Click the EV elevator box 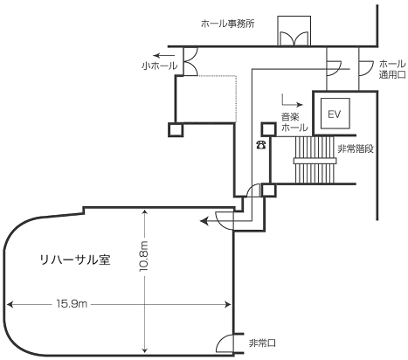point(335,114)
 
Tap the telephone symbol point(260,144)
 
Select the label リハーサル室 point(75,260)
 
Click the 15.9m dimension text point(72,304)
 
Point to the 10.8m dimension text point(144,257)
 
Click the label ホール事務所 point(228,24)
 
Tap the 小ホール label point(160,66)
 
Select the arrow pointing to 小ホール point(164,55)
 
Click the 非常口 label point(262,343)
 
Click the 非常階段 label point(356,149)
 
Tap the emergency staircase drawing point(315,160)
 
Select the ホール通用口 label point(392,69)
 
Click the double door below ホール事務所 point(294,38)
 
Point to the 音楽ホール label point(294,122)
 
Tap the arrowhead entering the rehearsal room point(204,221)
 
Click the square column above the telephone point(268,129)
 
